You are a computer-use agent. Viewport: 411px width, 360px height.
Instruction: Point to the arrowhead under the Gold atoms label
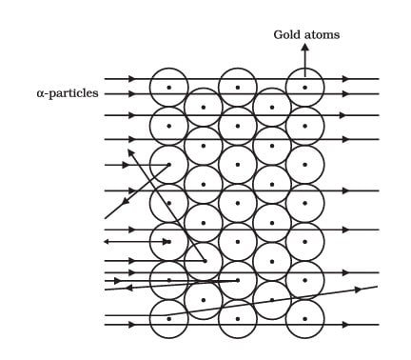(304, 47)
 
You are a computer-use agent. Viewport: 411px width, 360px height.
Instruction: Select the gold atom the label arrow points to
(304, 88)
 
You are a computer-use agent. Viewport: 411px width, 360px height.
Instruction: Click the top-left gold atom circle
(169, 88)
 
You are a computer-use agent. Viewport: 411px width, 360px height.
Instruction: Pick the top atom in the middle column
(237, 88)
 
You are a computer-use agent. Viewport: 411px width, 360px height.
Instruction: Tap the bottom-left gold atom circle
(169, 317)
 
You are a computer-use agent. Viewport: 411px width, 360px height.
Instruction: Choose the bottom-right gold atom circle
(304, 317)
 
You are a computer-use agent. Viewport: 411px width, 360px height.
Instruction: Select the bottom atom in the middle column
(237, 317)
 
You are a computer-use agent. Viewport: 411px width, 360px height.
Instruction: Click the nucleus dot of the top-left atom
(169, 88)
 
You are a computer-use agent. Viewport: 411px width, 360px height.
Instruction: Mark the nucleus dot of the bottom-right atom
(304, 317)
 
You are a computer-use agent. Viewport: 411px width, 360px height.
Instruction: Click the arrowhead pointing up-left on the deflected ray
(131, 150)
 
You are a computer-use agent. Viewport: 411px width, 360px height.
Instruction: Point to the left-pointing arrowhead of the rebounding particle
(107, 242)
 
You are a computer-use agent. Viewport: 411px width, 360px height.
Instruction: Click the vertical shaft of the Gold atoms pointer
(304, 59)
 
